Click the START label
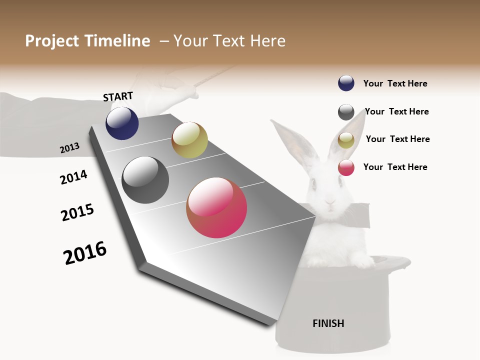[118, 96]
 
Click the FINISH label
[328, 323]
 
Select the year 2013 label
[69, 148]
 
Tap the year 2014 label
[73, 177]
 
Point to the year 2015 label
[77, 212]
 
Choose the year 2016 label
[85, 253]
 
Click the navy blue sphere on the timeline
[122, 123]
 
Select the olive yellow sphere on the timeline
[189, 140]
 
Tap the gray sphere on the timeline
[145, 180]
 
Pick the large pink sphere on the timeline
[216, 207]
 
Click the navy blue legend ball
[346, 83]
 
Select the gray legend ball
[346, 112]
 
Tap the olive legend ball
[346, 140]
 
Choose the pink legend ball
[346, 167]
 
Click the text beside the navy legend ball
[395, 83]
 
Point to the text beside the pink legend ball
[395, 167]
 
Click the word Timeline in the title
[117, 41]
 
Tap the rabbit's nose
[329, 202]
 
